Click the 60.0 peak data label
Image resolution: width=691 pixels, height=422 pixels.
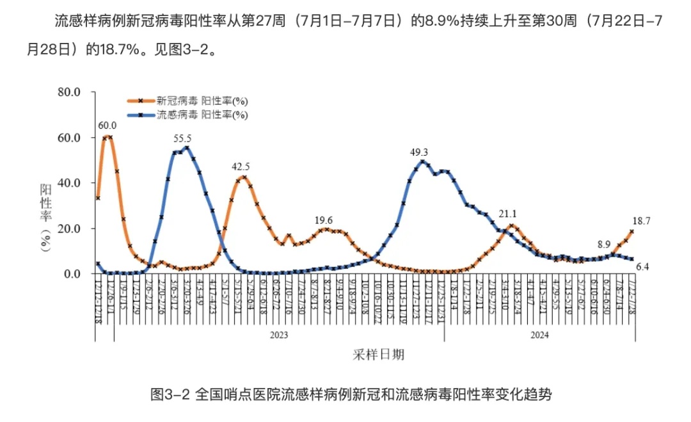(x=107, y=125)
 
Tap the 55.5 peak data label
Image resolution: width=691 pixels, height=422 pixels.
(x=182, y=138)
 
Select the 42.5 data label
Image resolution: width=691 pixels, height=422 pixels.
(x=241, y=166)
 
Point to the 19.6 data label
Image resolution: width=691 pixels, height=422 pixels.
(x=324, y=220)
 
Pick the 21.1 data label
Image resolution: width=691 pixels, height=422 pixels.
(x=508, y=214)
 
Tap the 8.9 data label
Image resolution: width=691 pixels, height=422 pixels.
(x=604, y=244)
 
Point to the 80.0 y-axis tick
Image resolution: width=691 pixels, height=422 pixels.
(x=68, y=92)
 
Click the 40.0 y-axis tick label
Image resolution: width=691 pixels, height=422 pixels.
(x=68, y=183)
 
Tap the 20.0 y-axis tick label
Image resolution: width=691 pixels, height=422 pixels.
(x=68, y=229)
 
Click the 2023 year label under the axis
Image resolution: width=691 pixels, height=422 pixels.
(x=279, y=334)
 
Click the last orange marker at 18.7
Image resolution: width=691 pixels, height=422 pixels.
(x=632, y=232)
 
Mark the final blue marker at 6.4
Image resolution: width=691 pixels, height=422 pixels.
(x=632, y=259)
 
